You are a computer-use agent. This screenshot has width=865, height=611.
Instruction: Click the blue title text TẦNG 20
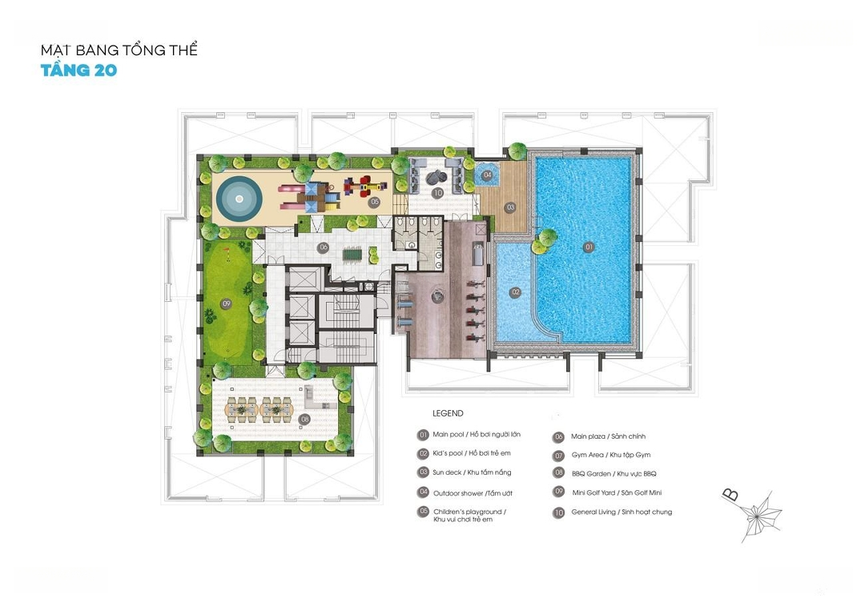coord(78,70)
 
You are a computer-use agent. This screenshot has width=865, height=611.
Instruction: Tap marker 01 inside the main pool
coord(589,247)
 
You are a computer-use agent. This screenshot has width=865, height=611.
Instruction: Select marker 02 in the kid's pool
coord(515,292)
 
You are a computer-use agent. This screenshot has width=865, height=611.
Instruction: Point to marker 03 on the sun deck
coord(510,207)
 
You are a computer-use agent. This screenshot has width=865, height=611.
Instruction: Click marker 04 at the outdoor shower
coord(487,175)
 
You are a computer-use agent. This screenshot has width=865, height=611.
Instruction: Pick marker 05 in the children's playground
coord(375,202)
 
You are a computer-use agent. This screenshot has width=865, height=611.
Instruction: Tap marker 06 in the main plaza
coord(324,247)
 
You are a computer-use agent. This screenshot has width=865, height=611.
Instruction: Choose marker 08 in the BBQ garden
coord(304,419)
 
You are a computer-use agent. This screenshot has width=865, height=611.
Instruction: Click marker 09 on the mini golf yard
coord(226,303)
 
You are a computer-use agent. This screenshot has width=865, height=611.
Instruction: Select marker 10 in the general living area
coord(437,193)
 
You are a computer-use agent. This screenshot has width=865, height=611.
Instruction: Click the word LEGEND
coord(448,413)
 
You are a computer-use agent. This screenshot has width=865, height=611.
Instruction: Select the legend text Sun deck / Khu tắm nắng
coord(472,472)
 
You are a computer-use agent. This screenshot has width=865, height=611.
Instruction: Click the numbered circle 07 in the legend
coord(559,456)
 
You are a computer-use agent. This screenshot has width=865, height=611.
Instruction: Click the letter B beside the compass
coord(730,495)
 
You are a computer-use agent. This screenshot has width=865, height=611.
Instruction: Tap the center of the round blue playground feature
coord(239,199)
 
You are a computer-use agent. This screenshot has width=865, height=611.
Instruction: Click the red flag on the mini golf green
coord(226,252)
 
